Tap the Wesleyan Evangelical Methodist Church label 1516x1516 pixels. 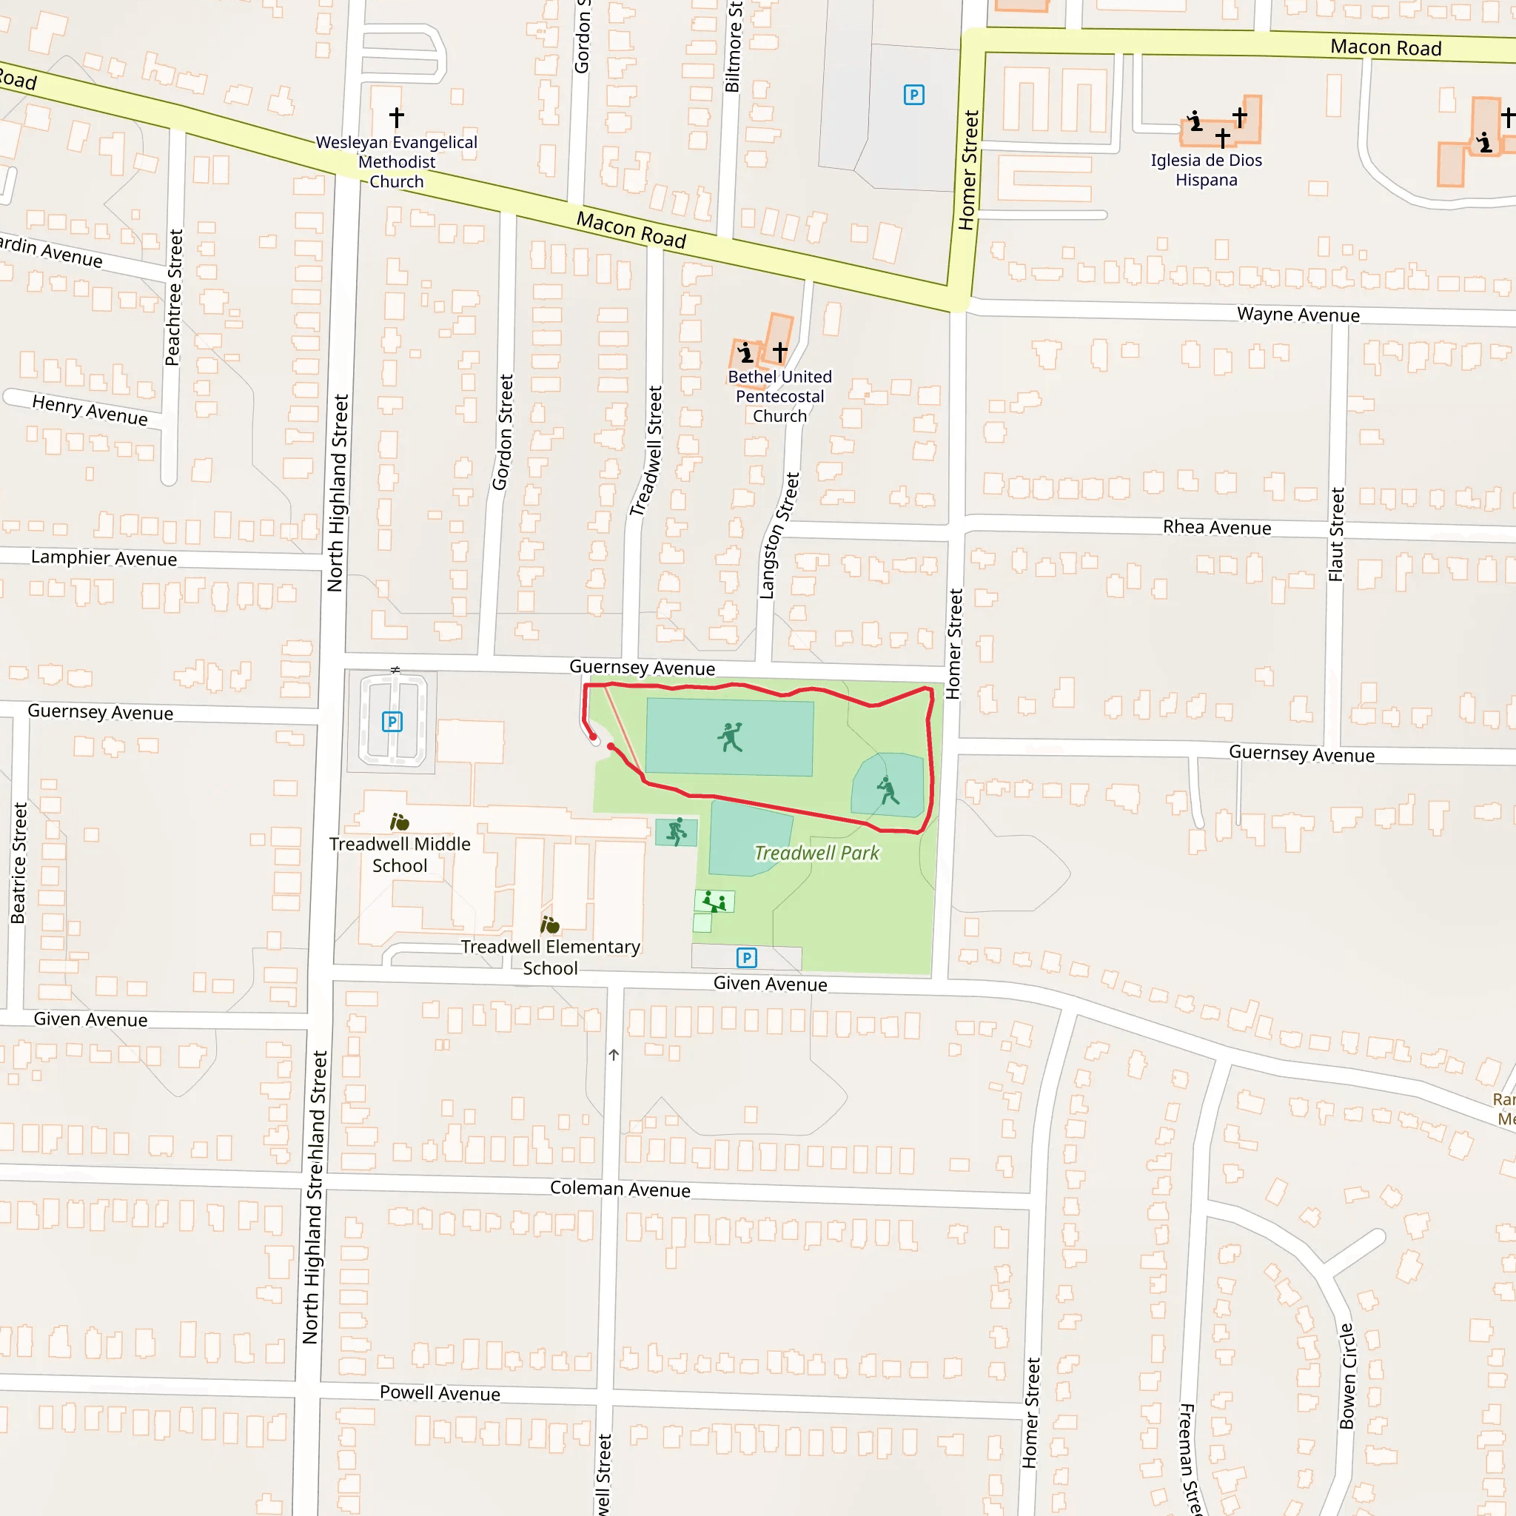396,161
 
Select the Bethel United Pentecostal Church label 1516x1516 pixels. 779,396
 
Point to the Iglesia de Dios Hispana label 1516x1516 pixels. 1206,170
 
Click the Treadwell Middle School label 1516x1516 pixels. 400,854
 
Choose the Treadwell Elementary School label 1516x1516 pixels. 550,957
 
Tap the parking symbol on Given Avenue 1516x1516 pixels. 746,957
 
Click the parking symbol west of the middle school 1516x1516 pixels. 392,721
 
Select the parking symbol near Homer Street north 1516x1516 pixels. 913,95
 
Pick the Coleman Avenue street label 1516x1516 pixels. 620,1189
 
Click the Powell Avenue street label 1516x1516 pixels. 440,1393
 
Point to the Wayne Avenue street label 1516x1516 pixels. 1298,315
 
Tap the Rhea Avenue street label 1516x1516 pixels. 1216,527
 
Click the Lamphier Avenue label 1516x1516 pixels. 104,558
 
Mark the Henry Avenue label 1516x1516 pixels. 90,410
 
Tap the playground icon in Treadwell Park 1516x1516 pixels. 714,902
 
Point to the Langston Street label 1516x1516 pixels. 779,535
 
